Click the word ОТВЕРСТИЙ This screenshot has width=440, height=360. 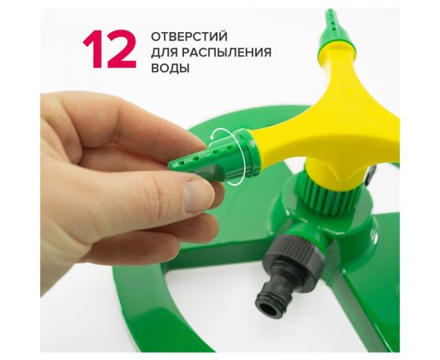[189, 37]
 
